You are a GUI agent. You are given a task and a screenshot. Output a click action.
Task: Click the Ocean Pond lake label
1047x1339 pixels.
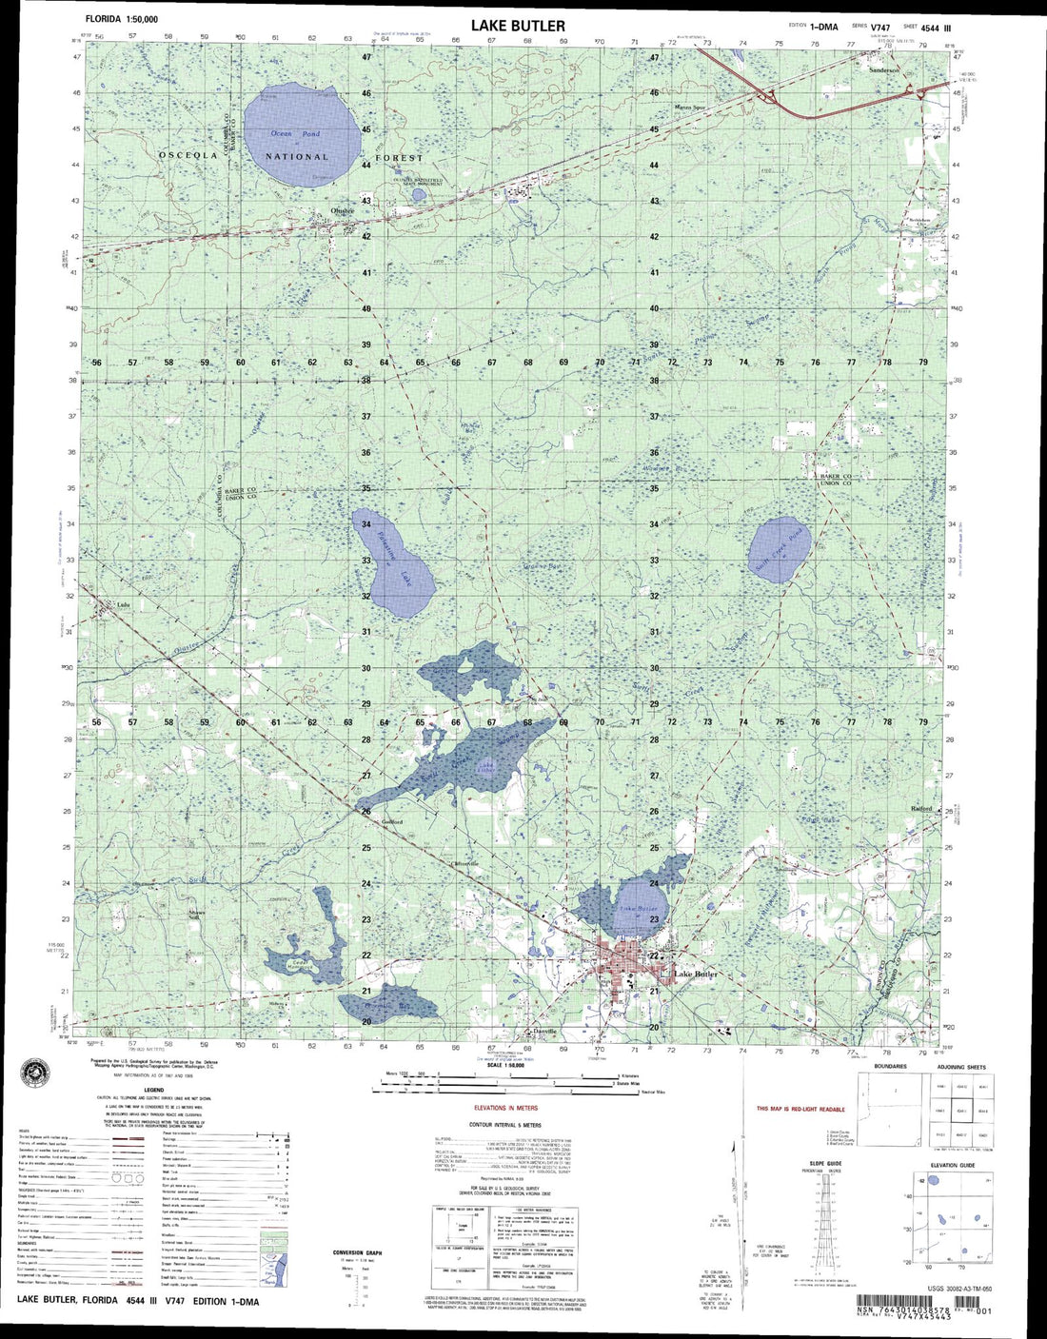(x=294, y=134)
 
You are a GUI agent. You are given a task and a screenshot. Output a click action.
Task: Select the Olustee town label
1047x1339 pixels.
(x=342, y=211)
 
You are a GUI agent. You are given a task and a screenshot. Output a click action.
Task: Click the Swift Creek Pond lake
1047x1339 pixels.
(x=779, y=550)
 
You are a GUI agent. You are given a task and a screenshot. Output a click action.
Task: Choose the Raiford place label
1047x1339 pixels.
(x=920, y=809)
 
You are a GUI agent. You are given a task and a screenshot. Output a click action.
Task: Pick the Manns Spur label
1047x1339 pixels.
(x=690, y=108)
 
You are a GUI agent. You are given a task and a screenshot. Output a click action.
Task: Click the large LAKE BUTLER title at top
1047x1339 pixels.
(x=518, y=26)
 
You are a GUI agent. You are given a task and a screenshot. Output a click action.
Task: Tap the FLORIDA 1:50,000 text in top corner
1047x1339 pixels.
(x=122, y=19)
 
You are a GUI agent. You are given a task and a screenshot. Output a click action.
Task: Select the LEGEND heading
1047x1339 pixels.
(x=154, y=1091)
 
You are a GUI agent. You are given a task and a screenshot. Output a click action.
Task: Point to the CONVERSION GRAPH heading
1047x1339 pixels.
(x=357, y=1252)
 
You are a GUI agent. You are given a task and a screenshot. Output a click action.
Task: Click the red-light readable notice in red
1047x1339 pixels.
(x=800, y=1109)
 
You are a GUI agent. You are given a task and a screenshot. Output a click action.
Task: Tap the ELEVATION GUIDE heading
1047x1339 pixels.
(x=953, y=1165)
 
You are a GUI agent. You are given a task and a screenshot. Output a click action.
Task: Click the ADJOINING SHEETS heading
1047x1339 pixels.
(x=962, y=1068)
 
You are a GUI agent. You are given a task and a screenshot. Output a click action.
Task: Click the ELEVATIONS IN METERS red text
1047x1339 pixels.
(x=506, y=1109)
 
